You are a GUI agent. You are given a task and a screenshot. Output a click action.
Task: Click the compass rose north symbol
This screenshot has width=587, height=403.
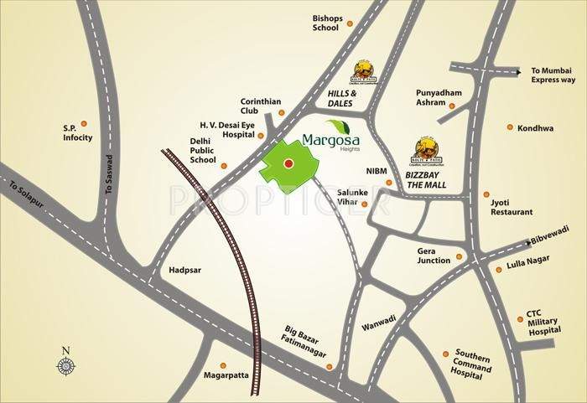pyautogui.click(x=65, y=364)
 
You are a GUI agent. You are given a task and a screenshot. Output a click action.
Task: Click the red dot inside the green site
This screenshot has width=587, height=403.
pyautogui.click(x=288, y=163)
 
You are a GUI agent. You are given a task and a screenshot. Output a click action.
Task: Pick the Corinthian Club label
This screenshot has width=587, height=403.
pyautogui.click(x=260, y=106)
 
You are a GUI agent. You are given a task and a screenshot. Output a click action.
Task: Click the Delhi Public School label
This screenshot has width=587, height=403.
pyautogui.click(x=203, y=150)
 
